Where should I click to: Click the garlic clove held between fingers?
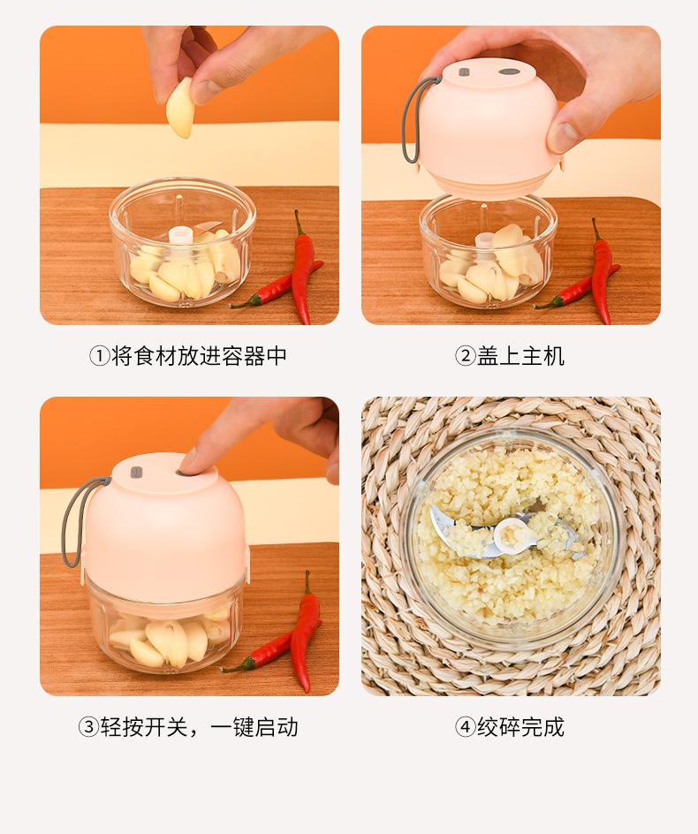[180, 109]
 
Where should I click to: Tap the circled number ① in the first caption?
[99, 356]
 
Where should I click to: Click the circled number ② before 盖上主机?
[465, 356]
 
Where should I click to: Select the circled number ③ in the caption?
[88, 727]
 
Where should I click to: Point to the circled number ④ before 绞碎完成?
[465, 727]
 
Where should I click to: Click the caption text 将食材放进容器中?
[199, 356]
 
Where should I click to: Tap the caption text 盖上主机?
[520, 356]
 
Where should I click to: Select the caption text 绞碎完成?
[520, 727]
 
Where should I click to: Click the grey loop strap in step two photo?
[409, 119]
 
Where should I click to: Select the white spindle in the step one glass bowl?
[180, 234]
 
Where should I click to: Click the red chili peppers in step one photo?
[296, 269]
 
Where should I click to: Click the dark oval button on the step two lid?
[510, 71]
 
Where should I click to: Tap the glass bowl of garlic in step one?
[182, 243]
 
